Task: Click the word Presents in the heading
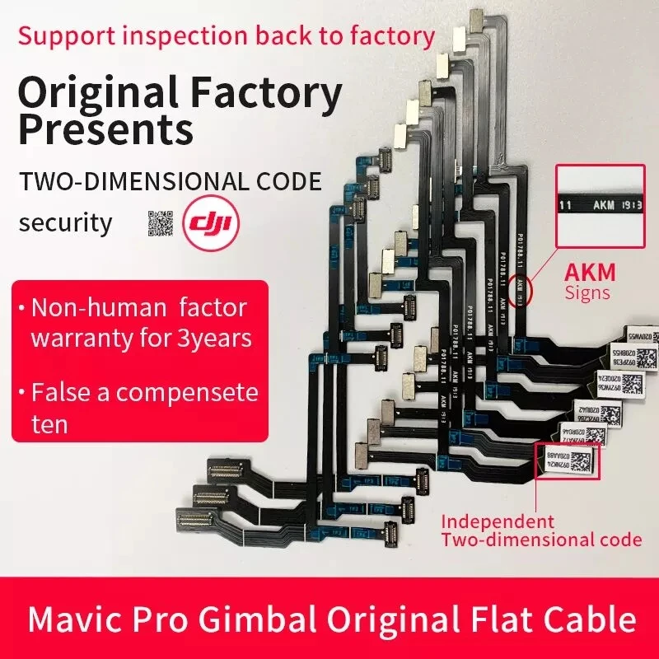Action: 105,130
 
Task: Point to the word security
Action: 65,222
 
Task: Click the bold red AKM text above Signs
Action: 589,272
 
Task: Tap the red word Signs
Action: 587,292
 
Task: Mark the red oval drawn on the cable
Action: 521,291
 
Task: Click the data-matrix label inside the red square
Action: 568,462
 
